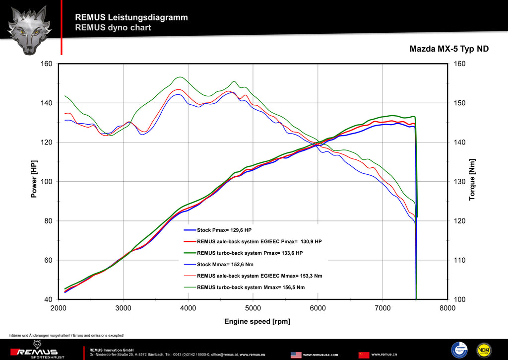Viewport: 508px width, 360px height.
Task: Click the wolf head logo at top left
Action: (x=30, y=30)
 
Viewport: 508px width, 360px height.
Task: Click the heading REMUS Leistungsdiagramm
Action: (x=131, y=17)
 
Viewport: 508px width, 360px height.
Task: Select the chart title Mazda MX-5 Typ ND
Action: (x=448, y=49)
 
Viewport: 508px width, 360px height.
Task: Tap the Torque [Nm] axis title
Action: (x=472, y=180)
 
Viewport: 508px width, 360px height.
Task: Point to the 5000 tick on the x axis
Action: (x=253, y=308)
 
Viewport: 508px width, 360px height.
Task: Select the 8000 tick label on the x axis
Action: (x=447, y=308)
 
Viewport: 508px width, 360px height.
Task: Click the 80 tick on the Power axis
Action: (x=48, y=221)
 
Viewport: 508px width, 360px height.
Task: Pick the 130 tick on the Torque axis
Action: (x=460, y=182)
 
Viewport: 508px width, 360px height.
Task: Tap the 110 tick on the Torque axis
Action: (x=460, y=260)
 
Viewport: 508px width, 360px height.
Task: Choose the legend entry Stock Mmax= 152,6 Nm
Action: (x=226, y=264)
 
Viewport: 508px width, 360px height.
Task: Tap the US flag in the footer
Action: (x=296, y=355)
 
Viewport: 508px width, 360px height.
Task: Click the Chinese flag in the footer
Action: (x=364, y=355)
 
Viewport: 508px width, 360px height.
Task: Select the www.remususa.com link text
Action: (x=320, y=355)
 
